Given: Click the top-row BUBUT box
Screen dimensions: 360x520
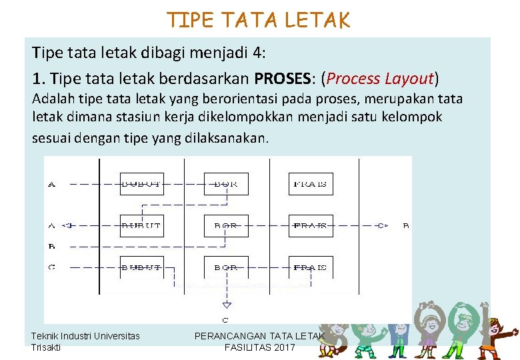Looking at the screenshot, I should click(141, 184).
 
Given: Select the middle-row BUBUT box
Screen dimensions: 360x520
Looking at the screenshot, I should click(141, 226).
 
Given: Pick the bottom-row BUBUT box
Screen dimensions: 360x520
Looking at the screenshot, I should click(141, 267).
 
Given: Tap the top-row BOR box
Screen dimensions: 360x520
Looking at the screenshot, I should click(226, 184).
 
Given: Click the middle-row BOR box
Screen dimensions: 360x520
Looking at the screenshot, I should click(226, 226).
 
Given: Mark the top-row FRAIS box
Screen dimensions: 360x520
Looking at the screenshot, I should click(311, 184).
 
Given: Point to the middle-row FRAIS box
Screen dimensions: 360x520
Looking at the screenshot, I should click(311, 226).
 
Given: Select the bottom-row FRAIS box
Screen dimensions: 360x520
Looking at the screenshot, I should click(311, 267).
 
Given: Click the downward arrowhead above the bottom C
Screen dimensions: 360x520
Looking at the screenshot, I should click(226, 305).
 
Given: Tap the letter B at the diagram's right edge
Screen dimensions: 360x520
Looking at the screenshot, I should click(406, 226).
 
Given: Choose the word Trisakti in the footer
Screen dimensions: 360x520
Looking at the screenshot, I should click(46, 347).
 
